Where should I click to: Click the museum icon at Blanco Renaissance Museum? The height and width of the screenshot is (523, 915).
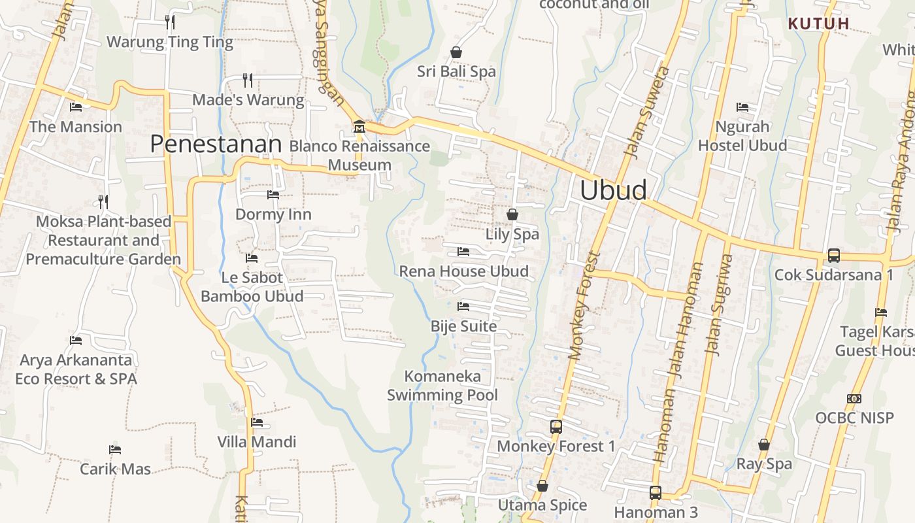click(x=358, y=126)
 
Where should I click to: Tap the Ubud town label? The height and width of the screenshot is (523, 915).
click(x=614, y=190)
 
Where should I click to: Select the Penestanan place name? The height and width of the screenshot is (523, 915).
click(x=216, y=144)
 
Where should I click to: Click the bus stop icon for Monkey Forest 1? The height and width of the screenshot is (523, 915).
click(x=556, y=427)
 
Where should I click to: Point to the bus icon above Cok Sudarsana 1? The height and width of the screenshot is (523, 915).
click(x=833, y=256)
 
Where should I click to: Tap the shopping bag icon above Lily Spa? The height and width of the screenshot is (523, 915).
click(x=512, y=214)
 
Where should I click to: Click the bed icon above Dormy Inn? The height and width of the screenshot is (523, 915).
click(x=273, y=195)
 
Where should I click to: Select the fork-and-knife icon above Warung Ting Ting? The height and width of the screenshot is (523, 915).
click(x=170, y=22)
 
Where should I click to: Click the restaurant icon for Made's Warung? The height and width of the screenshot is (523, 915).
click(x=248, y=80)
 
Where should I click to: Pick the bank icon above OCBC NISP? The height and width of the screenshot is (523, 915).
click(x=854, y=399)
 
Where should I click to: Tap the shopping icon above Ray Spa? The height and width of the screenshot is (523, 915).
click(x=763, y=445)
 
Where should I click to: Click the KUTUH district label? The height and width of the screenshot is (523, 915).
click(x=818, y=24)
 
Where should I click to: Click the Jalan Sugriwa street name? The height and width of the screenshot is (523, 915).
click(x=719, y=304)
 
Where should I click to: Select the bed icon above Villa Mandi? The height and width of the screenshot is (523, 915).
click(x=257, y=422)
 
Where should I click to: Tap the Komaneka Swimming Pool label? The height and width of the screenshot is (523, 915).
click(x=442, y=386)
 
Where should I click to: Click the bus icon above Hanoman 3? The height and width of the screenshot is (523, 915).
click(x=656, y=493)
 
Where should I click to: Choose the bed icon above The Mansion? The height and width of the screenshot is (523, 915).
click(x=76, y=107)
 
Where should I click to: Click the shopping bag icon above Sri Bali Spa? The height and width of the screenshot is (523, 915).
click(x=456, y=52)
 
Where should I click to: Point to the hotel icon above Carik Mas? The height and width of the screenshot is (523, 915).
click(x=115, y=450)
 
